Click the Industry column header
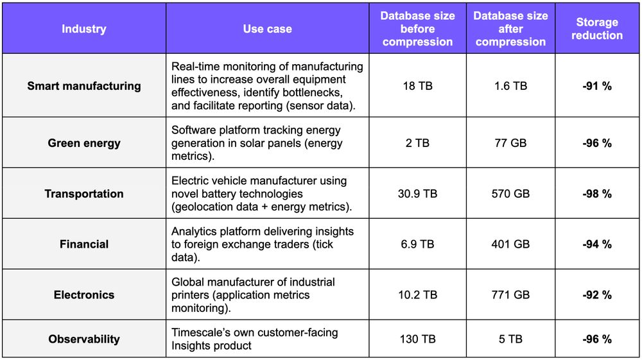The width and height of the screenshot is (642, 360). click(83, 29)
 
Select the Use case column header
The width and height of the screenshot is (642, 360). click(267, 29)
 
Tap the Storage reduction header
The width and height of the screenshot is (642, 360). click(597, 29)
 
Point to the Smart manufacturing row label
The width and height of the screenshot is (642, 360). click(83, 86)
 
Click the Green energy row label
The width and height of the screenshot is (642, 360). click(83, 143)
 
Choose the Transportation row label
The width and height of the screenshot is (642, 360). click(83, 194)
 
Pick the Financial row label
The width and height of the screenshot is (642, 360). click(83, 244)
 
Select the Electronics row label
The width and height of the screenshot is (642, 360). click(83, 295)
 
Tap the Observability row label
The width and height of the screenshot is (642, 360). click(83, 339)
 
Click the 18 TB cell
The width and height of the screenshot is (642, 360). click(417, 86)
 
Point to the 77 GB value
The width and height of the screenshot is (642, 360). click(510, 143)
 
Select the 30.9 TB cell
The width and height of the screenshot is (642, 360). click(417, 194)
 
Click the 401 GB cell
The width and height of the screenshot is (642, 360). click(510, 244)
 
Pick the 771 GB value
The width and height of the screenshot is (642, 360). click(510, 295)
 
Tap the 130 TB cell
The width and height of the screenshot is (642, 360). click(417, 339)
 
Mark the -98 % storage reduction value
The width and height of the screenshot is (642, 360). click(597, 194)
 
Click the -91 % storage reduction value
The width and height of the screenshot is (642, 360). click(597, 86)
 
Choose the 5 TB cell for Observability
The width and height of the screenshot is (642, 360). click(510, 339)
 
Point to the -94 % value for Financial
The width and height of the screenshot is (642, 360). click(597, 244)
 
